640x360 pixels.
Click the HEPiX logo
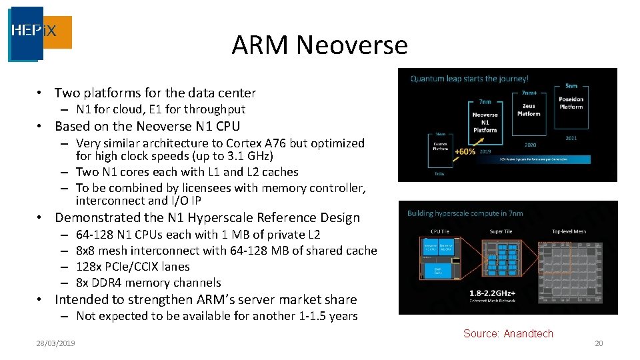pyautogui.click(x=40, y=33)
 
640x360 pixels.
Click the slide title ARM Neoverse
pyautogui.click(x=319, y=45)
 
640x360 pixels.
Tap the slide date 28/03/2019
pyautogui.click(x=55, y=343)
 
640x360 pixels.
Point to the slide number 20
pyautogui.click(x=598, y=343)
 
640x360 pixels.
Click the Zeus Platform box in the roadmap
pyautogui.click(x=529, y=109)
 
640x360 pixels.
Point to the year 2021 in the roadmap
pyautogui.click(x=571, y=139)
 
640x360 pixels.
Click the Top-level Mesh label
pyautogui.click(x=569, y=231)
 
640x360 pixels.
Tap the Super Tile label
pyautogui.click(x=501, y=231)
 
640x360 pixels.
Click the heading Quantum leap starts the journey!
pyautogui.click(x=469, y=79)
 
